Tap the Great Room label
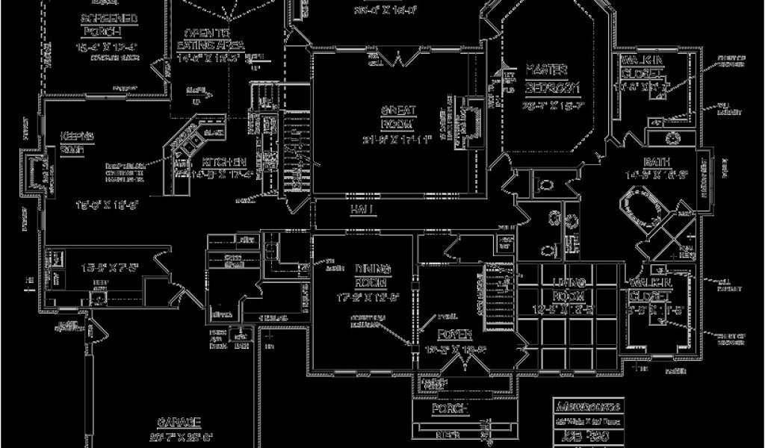pos(397,116)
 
